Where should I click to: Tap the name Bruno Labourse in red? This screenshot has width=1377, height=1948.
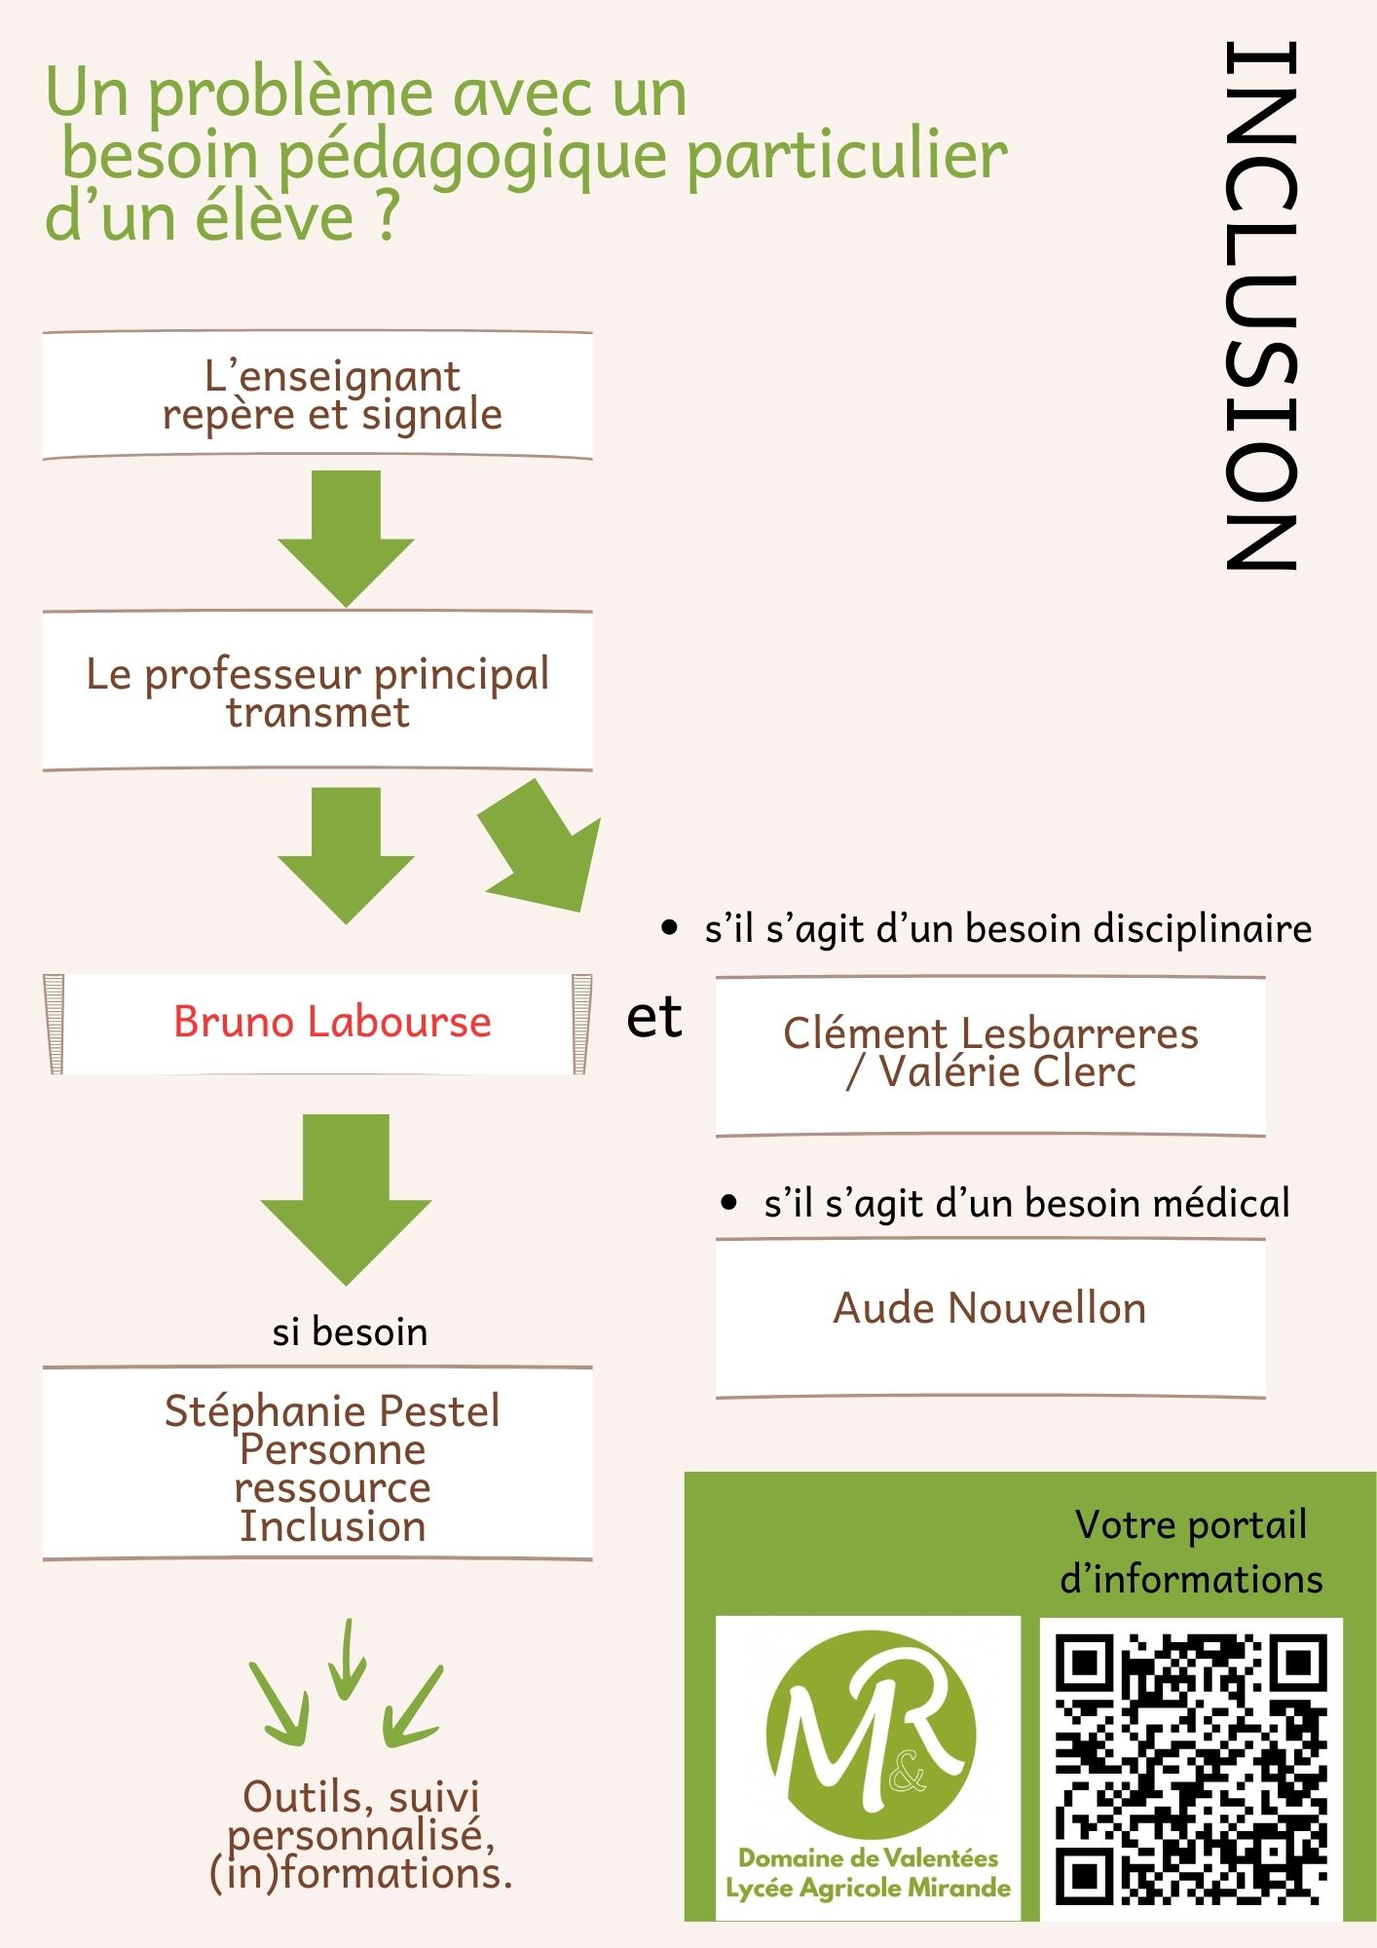pyautogui.click(x=332, y=1022)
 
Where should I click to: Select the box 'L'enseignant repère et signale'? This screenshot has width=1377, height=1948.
pyautogui.click(x=317, y=395)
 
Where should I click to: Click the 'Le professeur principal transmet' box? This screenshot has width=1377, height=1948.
pyautogui.click(x=317, y=692)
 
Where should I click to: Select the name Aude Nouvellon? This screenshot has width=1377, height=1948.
pyautogui.click(x=989, y=1308)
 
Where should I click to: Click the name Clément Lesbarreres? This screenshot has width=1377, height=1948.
pyautogui.click(x=990, y=1033)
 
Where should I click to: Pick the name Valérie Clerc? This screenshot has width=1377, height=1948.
pyautogui.click(x=1007, y=1072)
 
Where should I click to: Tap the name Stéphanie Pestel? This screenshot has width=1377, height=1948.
pyautogui.click(x=332, y=1411)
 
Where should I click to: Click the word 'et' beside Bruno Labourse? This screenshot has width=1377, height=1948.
pyautogui.click(x=654, y=1018)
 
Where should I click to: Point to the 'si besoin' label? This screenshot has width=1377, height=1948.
pyautogui.click(x=350, y=1331)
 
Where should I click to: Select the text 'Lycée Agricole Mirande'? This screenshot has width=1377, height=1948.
pyautogui.click(x=868, y=1889)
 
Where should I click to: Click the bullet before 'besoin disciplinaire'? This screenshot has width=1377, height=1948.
pyautogui.click(x=669, y=927)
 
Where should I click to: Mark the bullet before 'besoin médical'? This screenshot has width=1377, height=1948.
pyautogui.click(x=729, y=1203)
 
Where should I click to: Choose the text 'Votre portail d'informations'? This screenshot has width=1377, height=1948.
pyautogui.click(x=1191, y=1552)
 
